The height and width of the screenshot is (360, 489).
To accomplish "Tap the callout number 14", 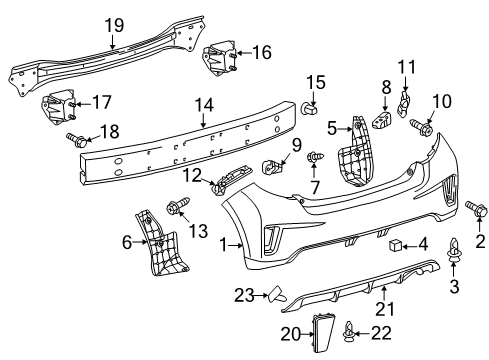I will tap(204, 104).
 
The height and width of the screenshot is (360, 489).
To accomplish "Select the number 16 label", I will tap(261, 52).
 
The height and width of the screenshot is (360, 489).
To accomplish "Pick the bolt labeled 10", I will tap(422, 127).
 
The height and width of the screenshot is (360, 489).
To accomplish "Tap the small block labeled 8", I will tap(382, 119).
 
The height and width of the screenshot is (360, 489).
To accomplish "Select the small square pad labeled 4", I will tap(386, 243).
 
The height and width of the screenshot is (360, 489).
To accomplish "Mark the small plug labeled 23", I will tap(277, 293).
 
